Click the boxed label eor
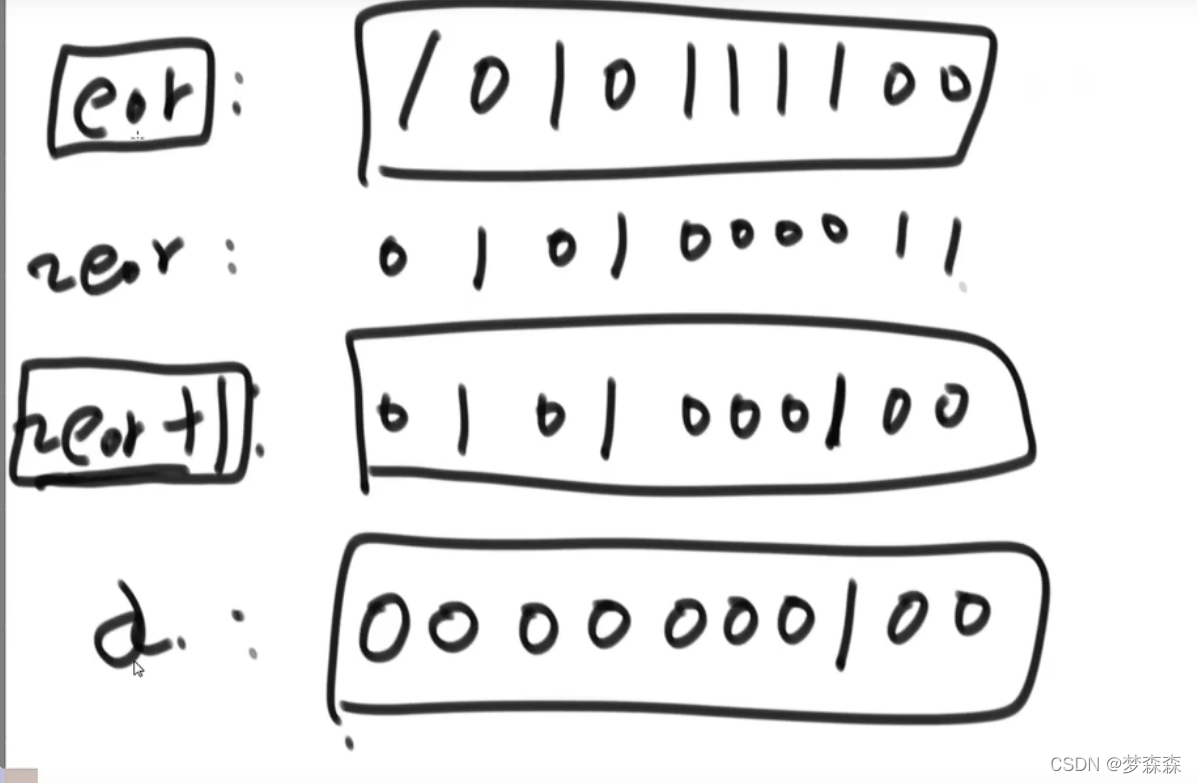click(x=130, y=97)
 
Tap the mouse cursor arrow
click(x=138, y=669)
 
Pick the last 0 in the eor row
click(x=954, y=87)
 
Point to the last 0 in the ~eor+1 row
click(x=950, y=408)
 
